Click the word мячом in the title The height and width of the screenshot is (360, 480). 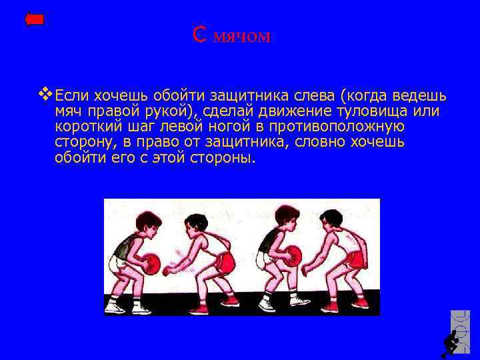242,37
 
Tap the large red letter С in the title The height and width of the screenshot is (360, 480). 198,34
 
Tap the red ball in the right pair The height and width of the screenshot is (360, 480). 291,257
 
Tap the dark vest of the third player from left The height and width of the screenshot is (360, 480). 271,241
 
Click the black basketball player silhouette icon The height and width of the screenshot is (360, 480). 451,343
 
